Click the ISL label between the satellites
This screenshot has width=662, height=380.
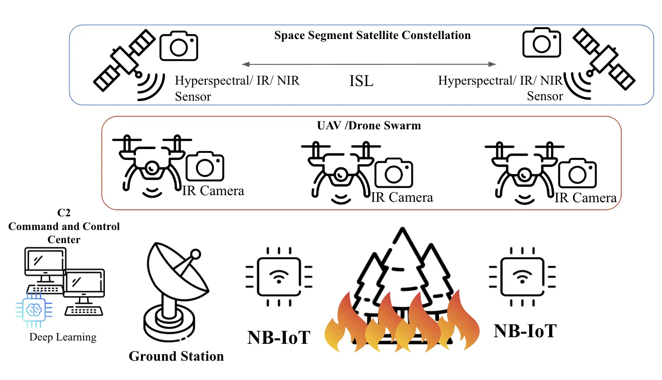[361, 81]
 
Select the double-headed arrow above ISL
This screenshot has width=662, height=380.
[369, 64]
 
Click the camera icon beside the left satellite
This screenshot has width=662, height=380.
[179, 46]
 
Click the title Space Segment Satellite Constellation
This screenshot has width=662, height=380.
[372, 35]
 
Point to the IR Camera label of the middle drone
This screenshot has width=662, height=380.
[402, 197]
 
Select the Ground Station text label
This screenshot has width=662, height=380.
[176, 356]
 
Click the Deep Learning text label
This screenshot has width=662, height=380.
[63, 337]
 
